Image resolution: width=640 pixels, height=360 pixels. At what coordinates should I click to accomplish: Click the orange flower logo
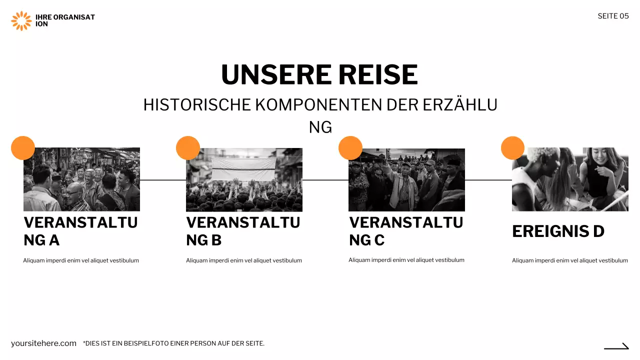(21, 20)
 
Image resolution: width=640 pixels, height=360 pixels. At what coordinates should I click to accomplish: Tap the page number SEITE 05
(613, 16)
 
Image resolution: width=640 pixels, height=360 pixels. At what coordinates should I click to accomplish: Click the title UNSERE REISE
(319, 74)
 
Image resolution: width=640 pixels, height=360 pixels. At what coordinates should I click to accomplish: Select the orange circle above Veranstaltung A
(23, 148)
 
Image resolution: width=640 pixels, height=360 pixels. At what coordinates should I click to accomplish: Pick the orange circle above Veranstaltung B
(188, 148)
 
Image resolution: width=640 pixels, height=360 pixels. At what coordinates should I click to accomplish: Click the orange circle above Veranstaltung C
(350, 148)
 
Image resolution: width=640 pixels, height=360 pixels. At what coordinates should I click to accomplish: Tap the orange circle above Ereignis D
(512, 148)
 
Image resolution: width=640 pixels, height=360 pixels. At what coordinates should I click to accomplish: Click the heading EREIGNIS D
(558, 231)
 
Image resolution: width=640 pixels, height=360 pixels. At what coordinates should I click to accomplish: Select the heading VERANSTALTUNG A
(80, 231)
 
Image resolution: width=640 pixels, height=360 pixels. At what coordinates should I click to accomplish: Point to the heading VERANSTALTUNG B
(243, 231)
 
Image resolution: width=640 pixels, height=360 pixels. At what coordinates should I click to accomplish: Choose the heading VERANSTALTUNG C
(406, 231)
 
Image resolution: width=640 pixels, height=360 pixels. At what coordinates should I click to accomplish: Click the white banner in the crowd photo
(243, 169)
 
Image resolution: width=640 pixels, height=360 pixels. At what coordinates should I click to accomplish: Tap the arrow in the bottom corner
(616, 346)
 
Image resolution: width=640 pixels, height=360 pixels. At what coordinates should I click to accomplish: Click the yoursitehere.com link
(43, 343)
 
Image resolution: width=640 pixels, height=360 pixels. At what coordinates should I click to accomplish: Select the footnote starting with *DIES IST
(173, 343)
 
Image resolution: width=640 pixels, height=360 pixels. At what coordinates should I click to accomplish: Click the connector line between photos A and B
(163, 180)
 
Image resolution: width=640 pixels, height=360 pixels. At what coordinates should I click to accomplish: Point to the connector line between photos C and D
(488, 180)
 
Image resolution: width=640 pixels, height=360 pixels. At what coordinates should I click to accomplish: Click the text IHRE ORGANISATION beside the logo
(65, 20)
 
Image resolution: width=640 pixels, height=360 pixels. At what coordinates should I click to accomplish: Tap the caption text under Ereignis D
(569, 260)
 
